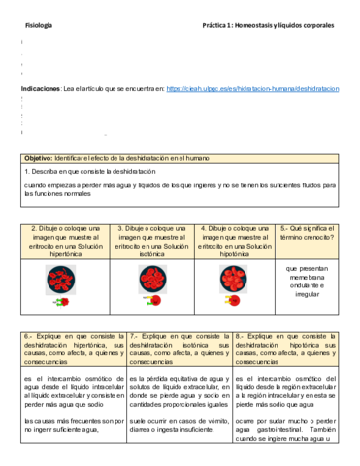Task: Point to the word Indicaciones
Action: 41,88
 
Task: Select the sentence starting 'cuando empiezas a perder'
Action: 180,183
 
